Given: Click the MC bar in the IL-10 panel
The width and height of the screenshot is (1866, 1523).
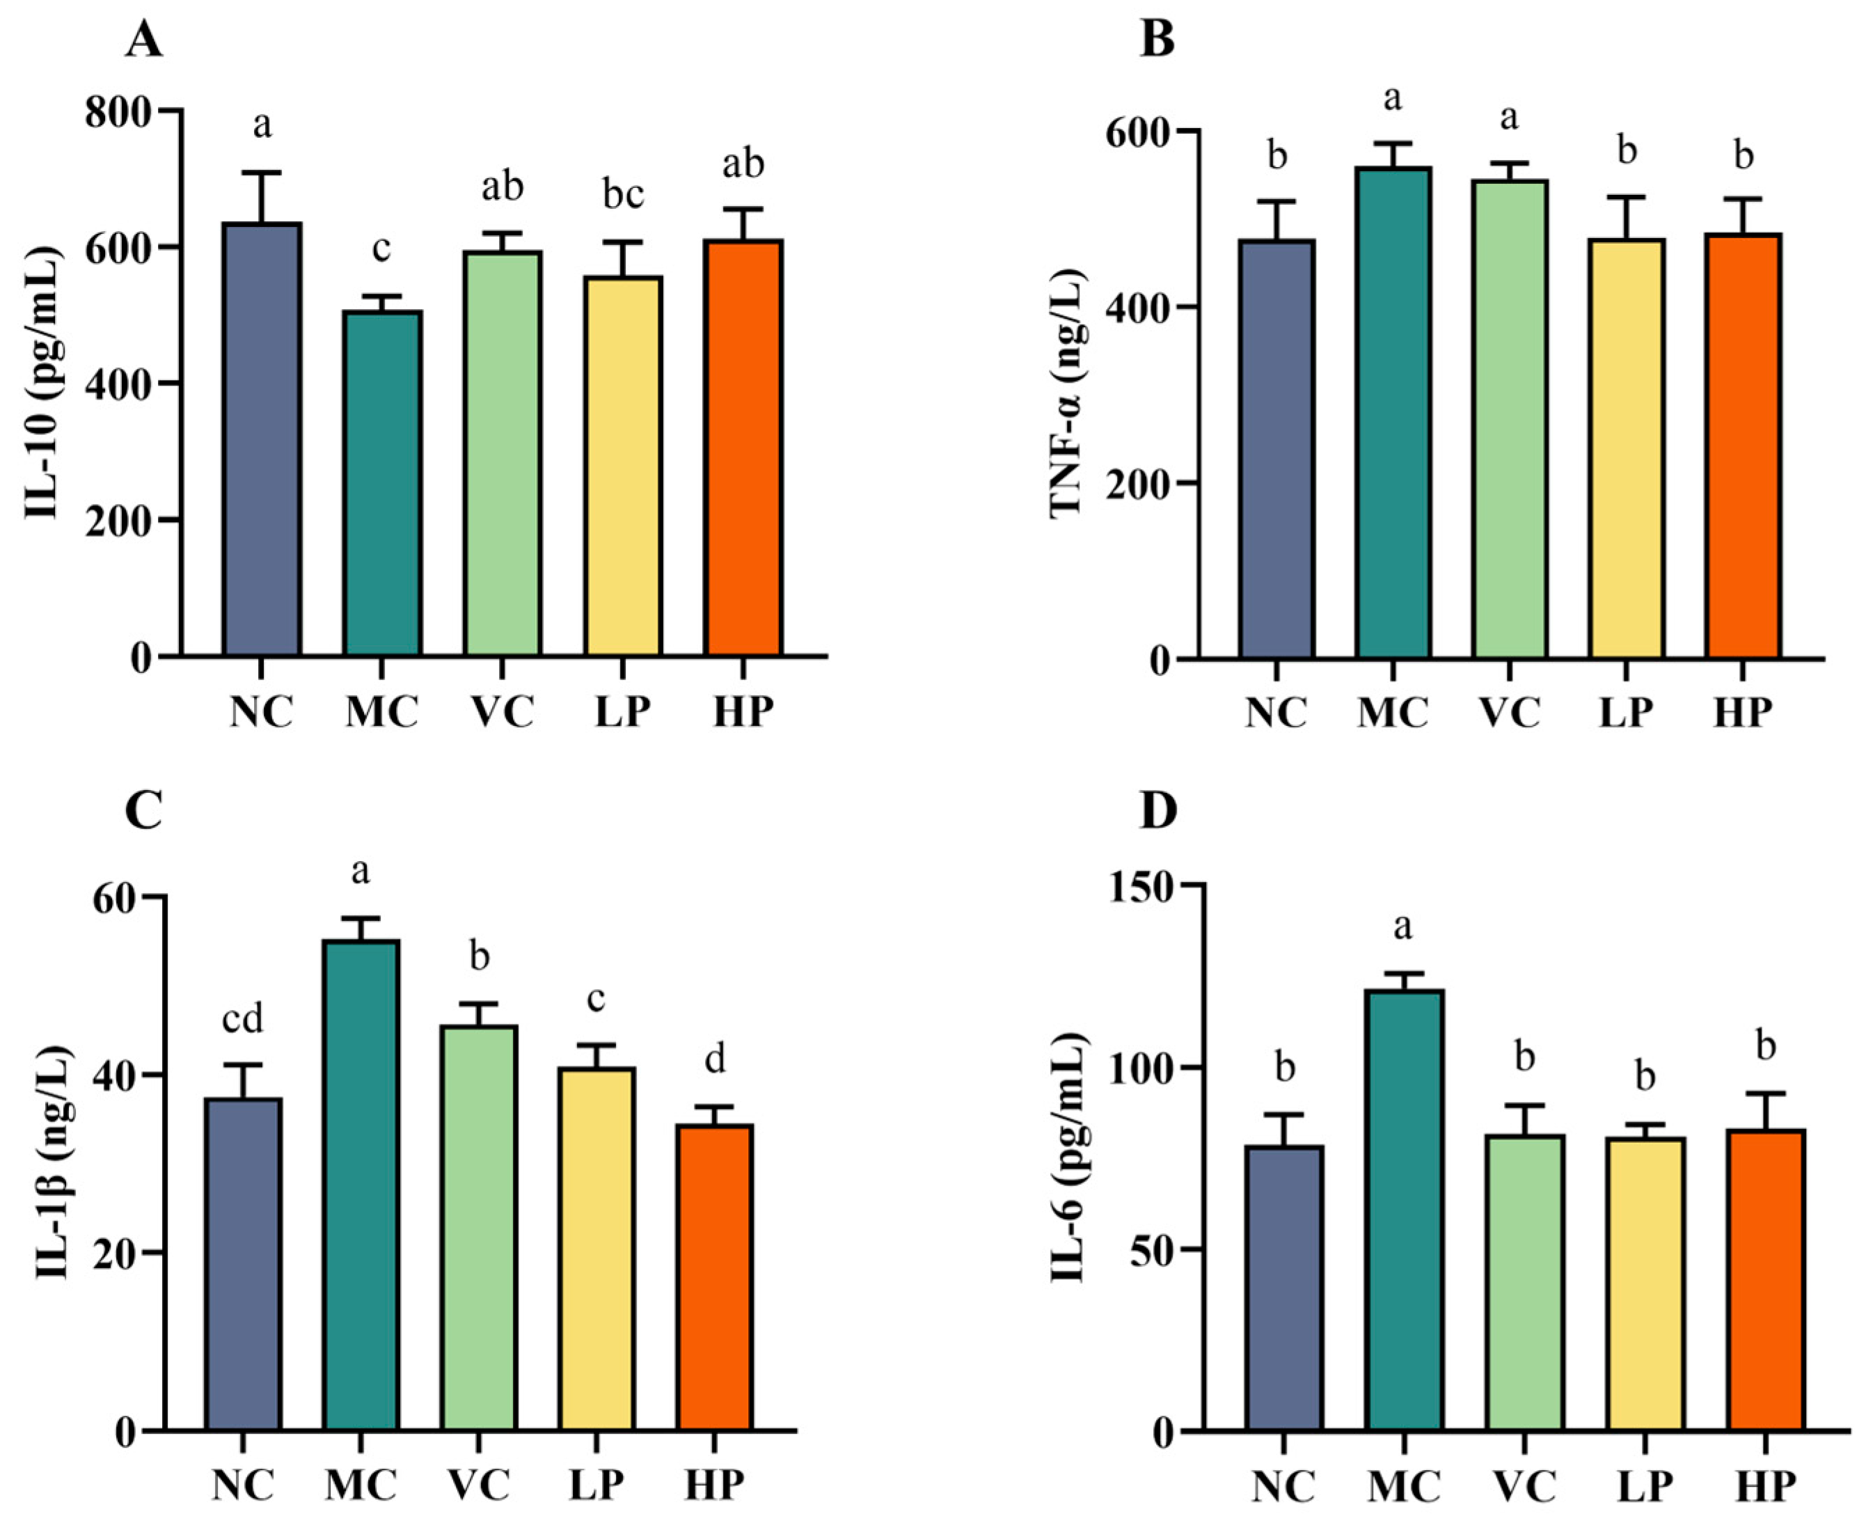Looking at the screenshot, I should click(383, 482).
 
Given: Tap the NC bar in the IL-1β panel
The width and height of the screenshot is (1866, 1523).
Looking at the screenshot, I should click(243, 1263).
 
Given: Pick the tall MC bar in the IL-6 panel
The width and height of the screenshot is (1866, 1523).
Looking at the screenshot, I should click(1404, 1210).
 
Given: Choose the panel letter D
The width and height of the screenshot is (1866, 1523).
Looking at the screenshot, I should click(1157, 812).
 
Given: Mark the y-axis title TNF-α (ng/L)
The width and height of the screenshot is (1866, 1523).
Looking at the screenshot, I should click(1067, 395).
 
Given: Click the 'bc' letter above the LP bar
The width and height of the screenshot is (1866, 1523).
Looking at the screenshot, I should click(623, 195).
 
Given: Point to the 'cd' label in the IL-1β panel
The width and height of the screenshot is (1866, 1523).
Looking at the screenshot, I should click(242, 1020).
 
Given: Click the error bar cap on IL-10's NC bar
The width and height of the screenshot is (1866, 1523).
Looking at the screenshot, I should click(262, 173).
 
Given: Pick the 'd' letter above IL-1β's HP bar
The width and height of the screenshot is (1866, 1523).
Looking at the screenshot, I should click(715, 1061).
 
